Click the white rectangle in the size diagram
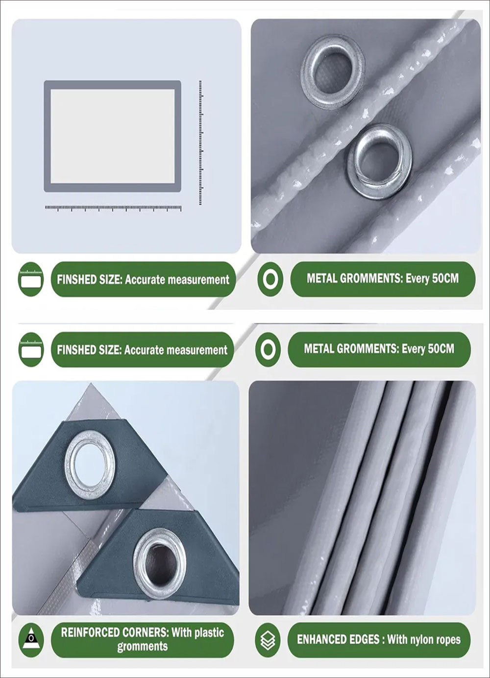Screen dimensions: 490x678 (112, 136)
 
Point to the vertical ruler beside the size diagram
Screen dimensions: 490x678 (200, 143)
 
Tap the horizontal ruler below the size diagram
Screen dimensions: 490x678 (113, 208)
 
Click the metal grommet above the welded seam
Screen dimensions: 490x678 (333, 72)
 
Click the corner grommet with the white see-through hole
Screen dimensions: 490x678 (90, 465)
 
